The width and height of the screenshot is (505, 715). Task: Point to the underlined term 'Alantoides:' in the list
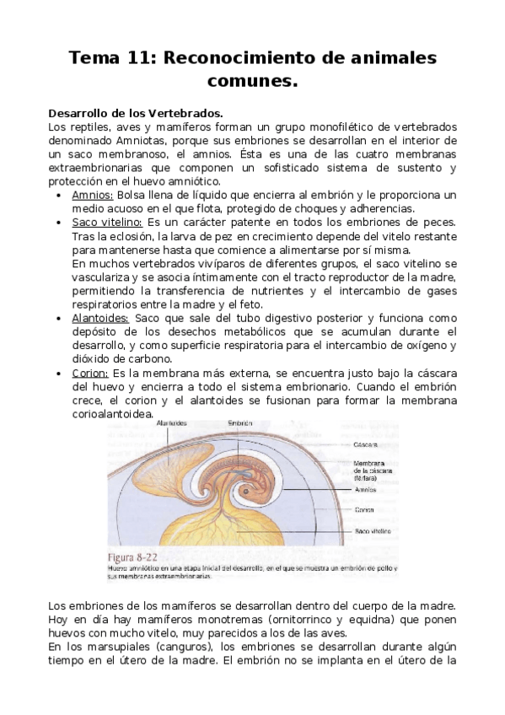(101, 318)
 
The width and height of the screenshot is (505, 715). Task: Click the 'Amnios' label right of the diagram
(365, 488)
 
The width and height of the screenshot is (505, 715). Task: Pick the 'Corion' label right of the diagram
(364, 509)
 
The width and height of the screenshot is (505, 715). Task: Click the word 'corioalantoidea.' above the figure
(115, 414)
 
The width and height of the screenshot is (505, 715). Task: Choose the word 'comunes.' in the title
(253, 82)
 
